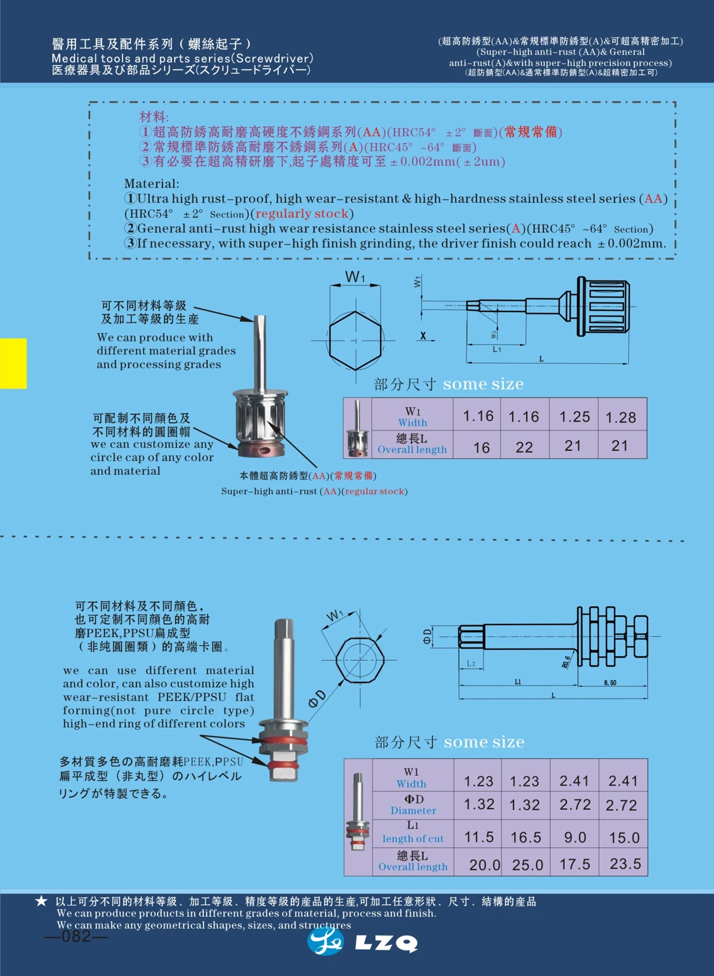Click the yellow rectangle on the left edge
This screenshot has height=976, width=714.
[x=13, y=363]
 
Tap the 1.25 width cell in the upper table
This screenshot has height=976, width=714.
[x=574, y=416]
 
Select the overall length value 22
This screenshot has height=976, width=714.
[x=524, y=447]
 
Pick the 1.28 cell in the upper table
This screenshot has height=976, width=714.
[x=621, y=417]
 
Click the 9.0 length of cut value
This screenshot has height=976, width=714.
[x=575, y=837]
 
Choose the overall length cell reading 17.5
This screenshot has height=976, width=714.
[x=575, y=864]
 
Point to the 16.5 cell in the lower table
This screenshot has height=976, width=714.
[x=525, y=837]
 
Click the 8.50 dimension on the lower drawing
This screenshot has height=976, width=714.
[x=610, y=682]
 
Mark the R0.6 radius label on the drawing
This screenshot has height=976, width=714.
[x=566, y=662]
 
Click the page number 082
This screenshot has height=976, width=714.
[x=76, y=936]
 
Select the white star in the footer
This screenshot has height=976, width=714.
[x=41, y=901]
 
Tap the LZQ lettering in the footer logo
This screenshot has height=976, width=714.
[x=386, y=943]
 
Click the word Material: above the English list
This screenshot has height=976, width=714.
[x=151, y=183]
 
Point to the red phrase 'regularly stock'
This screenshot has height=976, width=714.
[x=302, y=214]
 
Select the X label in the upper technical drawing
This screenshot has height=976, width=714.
[x=423, y=336]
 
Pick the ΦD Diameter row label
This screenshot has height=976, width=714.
[x=414, y=805]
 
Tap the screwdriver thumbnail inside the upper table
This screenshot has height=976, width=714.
[x=357, y=428]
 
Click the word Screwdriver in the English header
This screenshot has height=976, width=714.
[x=273, y=58]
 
